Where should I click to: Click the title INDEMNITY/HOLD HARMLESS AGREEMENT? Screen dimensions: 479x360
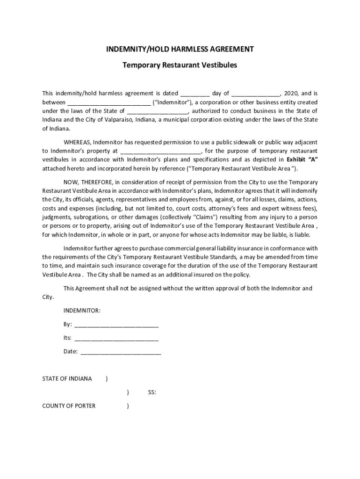tap(180, 49)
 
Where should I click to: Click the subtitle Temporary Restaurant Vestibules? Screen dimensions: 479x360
tap(180, 65)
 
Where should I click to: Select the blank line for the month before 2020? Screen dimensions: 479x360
tap(256, 94)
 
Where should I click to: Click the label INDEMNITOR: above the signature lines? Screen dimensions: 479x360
tap(82, 311)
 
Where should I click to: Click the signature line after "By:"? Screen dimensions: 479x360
tap(116, 324)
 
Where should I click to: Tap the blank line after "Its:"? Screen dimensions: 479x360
tap(116, 338)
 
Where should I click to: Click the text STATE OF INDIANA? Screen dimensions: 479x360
tap(67, 378)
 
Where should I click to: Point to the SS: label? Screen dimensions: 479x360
tap(152, 392)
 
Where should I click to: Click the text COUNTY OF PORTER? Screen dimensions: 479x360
tap(69, 406)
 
